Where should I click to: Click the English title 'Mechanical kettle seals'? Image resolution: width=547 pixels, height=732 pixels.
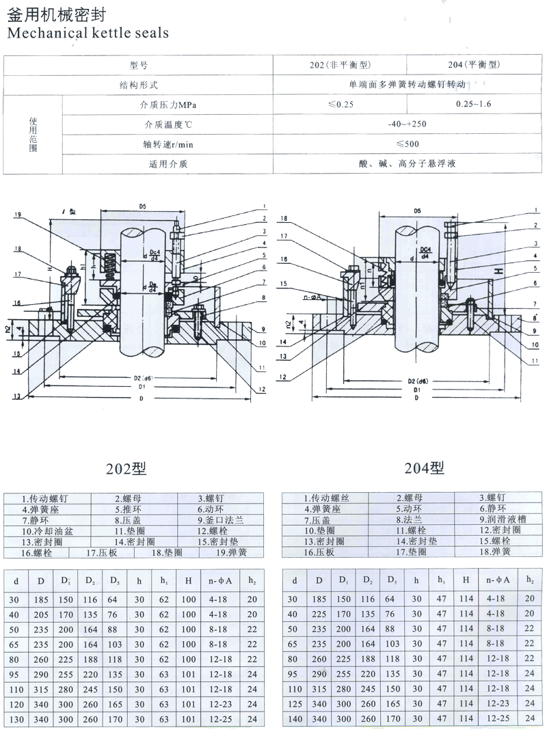87,31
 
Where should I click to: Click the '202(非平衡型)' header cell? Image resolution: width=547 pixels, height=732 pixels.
340,66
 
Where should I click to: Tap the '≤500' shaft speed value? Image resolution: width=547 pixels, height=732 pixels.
408,144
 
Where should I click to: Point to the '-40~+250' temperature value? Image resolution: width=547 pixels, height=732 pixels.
408,124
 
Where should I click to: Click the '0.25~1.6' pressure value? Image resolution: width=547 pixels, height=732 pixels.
474,104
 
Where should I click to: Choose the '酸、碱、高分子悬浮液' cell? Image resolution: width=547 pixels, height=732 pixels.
408,164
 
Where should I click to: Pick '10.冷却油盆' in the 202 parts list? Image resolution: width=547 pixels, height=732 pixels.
42,530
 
